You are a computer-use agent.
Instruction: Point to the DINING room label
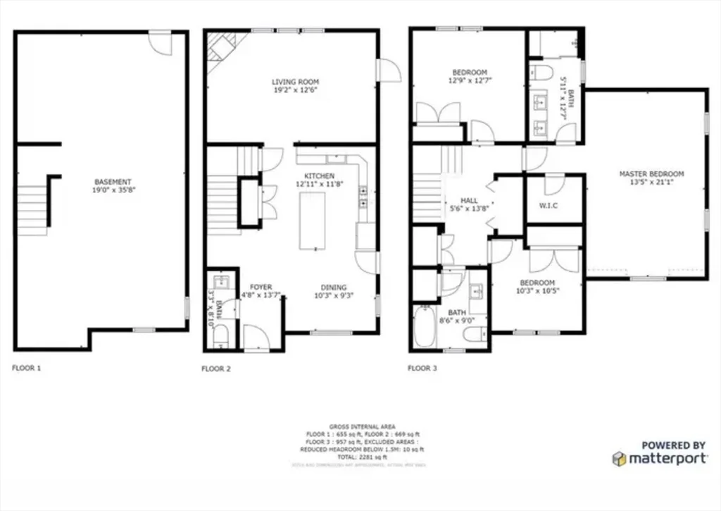pyautogui.click(x=334, y=288)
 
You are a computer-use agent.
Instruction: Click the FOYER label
pyautogui.click(x=261, y=288)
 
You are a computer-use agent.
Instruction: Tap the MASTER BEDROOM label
pyautogui.click(x=651, y=174)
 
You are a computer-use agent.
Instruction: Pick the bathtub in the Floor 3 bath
pyautogui.click(x=425, y=326)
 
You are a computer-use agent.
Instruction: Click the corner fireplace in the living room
pyautogui.click(x=221, y=49)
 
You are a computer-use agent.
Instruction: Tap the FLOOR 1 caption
pyautogui.click(x=27, y=368)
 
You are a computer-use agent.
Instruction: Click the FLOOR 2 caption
pyautogui.click(x=216, y=368)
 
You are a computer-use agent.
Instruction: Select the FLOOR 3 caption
pyautogui.click(x=422, y=368)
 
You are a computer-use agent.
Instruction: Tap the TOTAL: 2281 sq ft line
pyautogui.click(x=362, y=457)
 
